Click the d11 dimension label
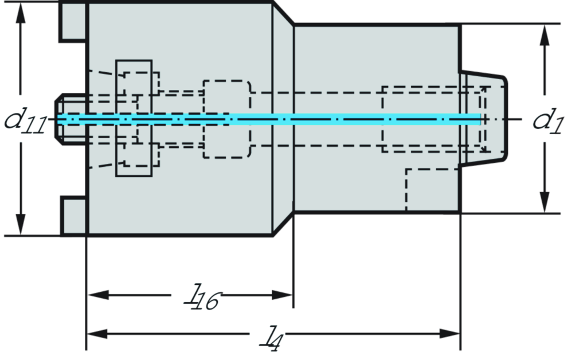coord(25,119)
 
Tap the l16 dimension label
coord(196,295)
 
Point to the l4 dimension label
coord(267,335)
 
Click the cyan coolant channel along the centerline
coord(269,119)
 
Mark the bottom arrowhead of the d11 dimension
coord(21,225)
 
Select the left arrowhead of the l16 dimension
coord(96,295)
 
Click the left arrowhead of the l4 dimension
coord(96,333)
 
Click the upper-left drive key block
coord(74,21)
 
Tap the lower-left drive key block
coord(74,217)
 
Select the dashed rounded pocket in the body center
coord(227,119)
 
